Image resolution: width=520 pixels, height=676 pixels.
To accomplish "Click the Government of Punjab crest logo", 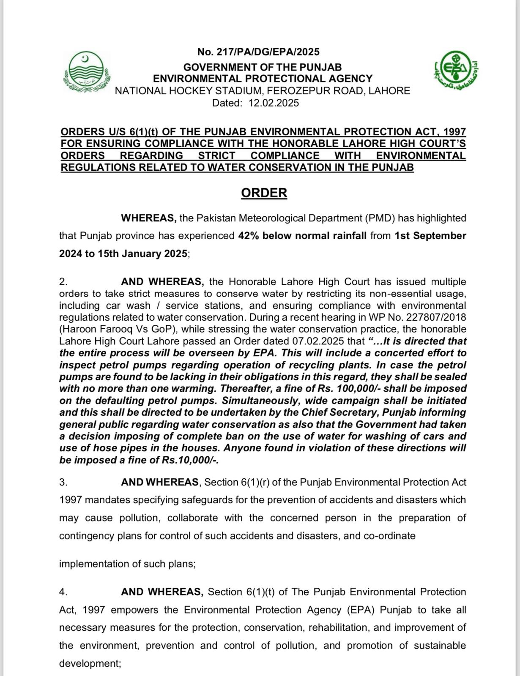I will [86, 72].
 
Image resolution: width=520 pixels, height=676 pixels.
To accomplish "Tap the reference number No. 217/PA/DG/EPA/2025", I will [258, 52].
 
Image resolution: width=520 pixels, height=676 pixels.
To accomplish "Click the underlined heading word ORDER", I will [264, 193].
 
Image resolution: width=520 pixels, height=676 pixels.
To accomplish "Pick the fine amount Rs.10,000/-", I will [190, 460].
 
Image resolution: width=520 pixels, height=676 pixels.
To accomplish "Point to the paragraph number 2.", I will [63, 282].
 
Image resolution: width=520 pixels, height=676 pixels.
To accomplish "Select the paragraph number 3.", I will [63, 482].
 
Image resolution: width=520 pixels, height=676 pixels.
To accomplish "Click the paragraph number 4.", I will [63, 592].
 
